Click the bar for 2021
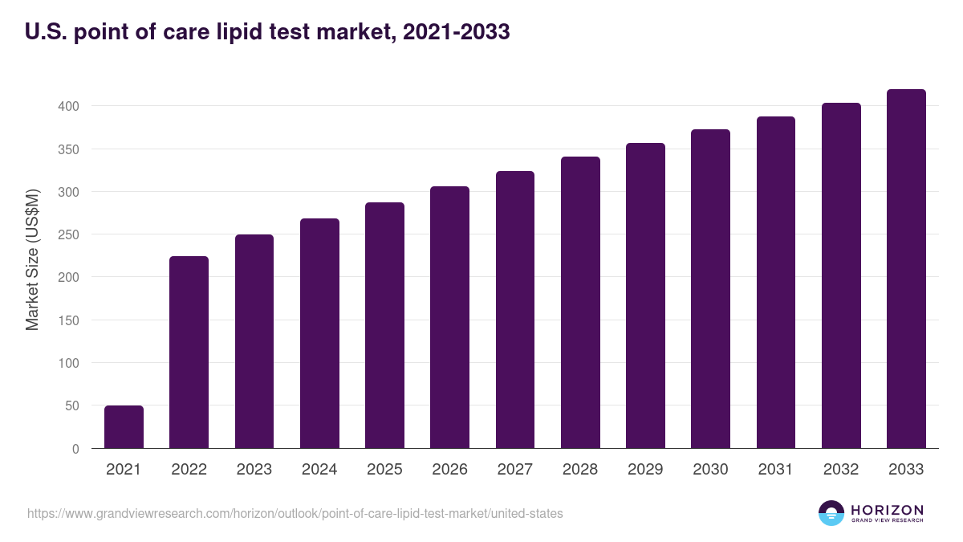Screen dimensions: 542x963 coord(124,427)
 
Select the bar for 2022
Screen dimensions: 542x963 coord(189,353)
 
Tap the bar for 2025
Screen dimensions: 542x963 coord(384,325)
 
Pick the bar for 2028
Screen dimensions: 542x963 coord(580,303)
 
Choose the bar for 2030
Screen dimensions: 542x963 coord(710,289)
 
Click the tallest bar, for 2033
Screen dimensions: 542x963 coord(906,269)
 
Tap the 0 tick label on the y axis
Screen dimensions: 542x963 coord(75,449)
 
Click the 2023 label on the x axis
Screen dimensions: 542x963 coord(254,470)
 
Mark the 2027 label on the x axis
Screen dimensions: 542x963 coord(514,470)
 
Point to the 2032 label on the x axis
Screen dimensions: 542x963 coord(840,470)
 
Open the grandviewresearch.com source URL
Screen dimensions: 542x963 coord(295,513)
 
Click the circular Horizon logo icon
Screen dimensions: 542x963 coord(831,513)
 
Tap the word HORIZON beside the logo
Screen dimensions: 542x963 coord(887,509)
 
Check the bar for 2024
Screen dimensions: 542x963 coord(319,333)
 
